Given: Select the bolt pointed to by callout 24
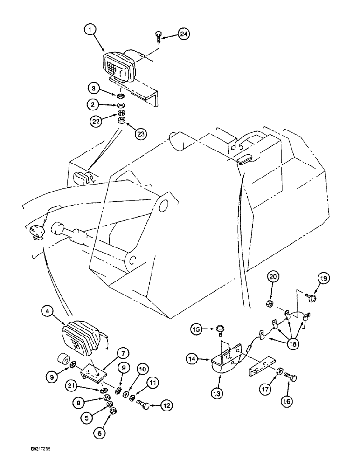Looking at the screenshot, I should click(158, 36).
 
